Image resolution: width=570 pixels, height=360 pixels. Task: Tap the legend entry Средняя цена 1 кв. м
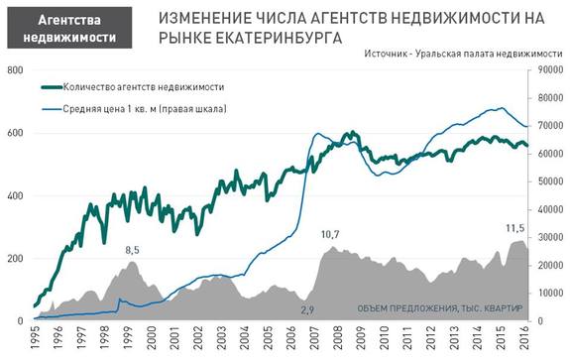tap(144, 108)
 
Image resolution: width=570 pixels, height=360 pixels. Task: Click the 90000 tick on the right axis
tap(549, 70)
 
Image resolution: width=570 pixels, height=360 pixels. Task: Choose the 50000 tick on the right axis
tap(549, 181)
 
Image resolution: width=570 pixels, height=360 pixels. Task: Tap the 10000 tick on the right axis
tap(549, 293)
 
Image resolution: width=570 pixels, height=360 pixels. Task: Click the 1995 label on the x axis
tap(35, 339)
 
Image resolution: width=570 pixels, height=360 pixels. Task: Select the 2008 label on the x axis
tap(338, 339)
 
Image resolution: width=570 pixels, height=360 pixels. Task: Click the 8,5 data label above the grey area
tap(130, 250)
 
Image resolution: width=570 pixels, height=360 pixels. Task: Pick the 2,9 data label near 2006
tap(307, 310)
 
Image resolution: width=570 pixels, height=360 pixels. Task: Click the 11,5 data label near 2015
tap(515, 228)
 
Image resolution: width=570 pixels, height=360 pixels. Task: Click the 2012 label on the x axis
tap(431, 339)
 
